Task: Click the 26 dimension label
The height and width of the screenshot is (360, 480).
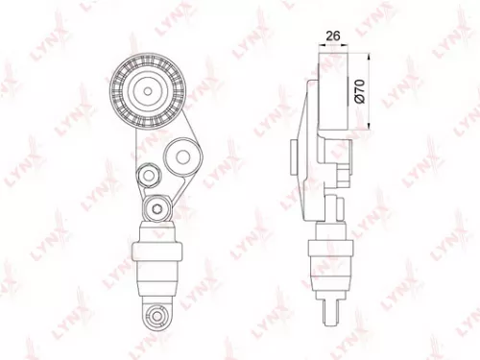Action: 333,37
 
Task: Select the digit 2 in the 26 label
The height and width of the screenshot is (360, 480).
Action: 328,37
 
